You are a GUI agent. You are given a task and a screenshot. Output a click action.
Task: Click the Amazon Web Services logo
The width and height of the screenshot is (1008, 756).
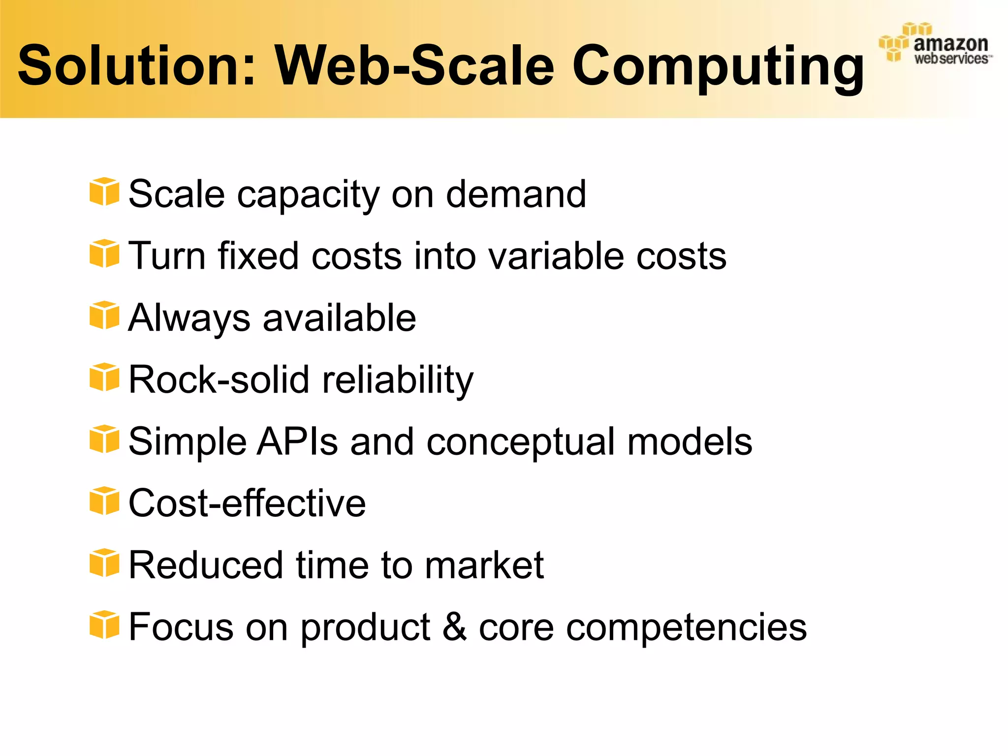[x=935, y=44]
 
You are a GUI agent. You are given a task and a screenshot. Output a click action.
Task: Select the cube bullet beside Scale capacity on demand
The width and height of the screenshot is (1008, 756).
[x=104, y=192]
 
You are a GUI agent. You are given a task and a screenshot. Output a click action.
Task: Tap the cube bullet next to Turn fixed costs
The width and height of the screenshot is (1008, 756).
[x=104, y=254]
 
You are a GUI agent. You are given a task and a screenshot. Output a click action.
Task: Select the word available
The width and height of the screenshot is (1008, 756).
[x=340, y=318]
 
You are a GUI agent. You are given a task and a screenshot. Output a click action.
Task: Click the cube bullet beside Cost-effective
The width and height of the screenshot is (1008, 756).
[x=104, y=501]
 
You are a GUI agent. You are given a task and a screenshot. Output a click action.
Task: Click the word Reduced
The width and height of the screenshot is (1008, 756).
[x=206, y=565]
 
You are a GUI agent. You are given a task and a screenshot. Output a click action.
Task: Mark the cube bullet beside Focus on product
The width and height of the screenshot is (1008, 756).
[x=104, y=625]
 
